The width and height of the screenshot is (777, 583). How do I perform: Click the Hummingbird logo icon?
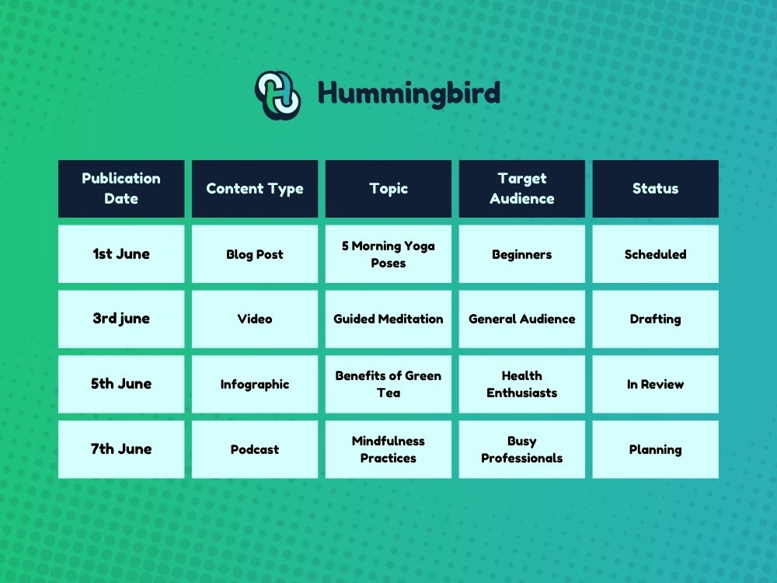click(x=278, y=95)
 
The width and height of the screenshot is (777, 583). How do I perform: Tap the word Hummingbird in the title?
click(x=409, y=94)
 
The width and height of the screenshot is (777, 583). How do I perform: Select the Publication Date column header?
click(x=121, y=189)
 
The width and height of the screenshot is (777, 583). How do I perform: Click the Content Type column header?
click(x=255, y=189)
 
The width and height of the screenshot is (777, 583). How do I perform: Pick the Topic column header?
click(x=388, y=189)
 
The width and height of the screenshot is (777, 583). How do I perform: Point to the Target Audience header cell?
click(x=522, y=189)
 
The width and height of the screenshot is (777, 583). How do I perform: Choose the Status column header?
click(x=655, y=189)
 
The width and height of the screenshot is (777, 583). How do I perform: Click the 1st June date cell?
click(x=121, y=254)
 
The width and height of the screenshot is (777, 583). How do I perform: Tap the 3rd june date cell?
click(x=121, y=319)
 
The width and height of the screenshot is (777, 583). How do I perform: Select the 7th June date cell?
click(x=121, y=449)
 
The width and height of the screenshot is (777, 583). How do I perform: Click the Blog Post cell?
click(x=255, y=254)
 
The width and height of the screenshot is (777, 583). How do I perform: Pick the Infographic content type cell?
click(x=255, y=384)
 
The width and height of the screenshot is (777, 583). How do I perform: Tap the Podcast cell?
click(x=255, y=449)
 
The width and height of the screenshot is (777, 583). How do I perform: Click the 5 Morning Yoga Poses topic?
click(x=388, y=254)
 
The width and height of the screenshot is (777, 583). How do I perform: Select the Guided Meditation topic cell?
click(x=388, y=319)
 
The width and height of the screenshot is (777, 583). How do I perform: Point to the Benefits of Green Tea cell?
click(x=388, y=384)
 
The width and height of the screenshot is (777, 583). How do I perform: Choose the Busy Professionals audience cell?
click(x=522, y=449)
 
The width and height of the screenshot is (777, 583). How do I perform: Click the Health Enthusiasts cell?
click(x=522, y=384)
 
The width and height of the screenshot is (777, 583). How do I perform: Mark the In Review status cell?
click(x=655, y=384)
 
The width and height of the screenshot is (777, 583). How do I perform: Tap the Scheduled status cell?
click(x=655, y=254)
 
